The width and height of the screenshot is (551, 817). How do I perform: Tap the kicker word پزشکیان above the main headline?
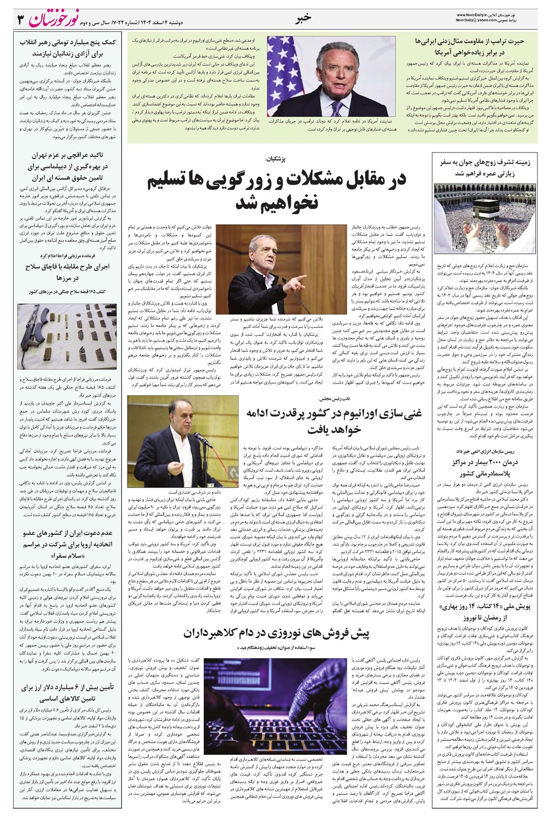coord(275,159)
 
